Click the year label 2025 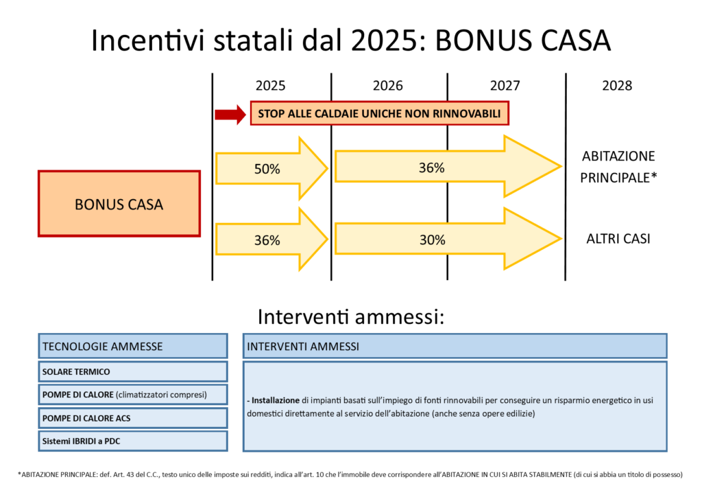pyautogui.click(x=270, y=86)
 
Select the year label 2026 pyautogui.click(x=388, y=86)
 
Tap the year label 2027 pyautogui.click(x=505, y=86)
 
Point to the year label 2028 pyautogui.click(x=617, y=86)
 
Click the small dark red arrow pyautogui.click(x=230, y=114)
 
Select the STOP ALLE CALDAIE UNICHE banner pyautogui.click(x=379, y=113)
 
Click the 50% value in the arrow pyautogui.click(x=267, y=169)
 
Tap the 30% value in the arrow pyautogui.click(x=432, y=240)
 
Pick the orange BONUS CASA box pyautogui.click(x=119, y=203)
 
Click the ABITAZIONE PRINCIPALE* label pyautogui.click(x=618, y=167)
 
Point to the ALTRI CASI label pyautogui.click(x=618, y=239)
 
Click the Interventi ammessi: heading pyautogui.click(x=350, y=317)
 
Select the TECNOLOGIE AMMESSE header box pyautogui.click(x=133, y=346)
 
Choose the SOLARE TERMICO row pyautogui.click(x=133, y=371)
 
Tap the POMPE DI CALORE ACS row pyautogui.click(x=133, y=418)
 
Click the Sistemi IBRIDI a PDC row pyautogui.click(x=133, y=441)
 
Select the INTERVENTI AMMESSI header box pyautogui.click(x=455, y=346)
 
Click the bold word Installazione pyautogui.click(x=276, y=400)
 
